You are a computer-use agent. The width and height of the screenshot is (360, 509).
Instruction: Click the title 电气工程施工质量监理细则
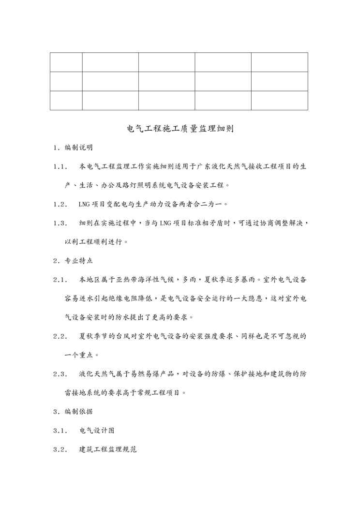point(180,129)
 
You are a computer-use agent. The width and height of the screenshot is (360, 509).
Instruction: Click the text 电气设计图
point(97,430)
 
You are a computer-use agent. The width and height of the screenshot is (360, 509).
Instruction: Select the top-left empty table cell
point(66,62)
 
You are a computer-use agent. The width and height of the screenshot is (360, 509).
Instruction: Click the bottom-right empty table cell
point(279,101)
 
